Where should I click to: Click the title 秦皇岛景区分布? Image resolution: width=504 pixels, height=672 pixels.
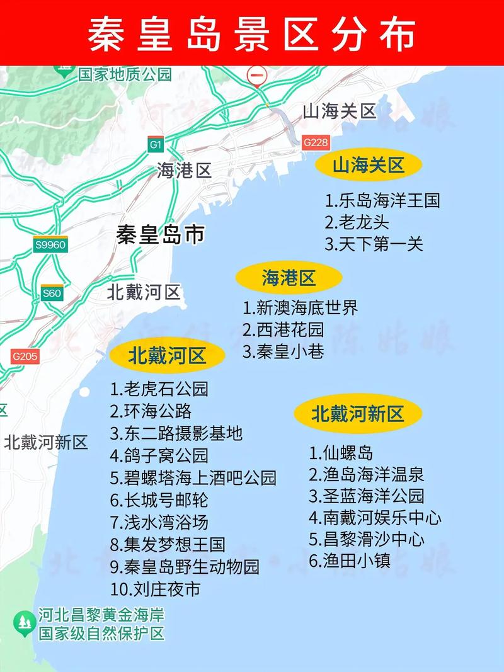(x=252, y=33)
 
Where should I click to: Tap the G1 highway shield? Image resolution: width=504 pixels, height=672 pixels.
(x=156, y=145)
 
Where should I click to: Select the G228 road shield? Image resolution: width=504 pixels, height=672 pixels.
(x=316, y=142)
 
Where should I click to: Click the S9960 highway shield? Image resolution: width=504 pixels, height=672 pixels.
(x=50, y=244)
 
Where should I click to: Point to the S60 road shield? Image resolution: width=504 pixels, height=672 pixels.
(x=52, y=293)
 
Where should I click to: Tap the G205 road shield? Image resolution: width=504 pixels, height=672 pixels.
(x=25, y=356)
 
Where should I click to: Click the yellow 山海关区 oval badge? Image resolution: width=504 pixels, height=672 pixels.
(x=369, y=166)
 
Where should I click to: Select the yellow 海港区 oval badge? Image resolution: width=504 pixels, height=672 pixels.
(x=289, y=278)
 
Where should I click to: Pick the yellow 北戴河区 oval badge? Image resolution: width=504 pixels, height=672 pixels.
(x=167, y=356)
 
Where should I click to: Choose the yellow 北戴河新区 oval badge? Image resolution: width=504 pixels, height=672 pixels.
(x=357, y=414)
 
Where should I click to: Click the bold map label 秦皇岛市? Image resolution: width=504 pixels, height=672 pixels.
(x=161, y=235)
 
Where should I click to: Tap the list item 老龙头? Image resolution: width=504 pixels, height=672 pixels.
(x=357, y=222)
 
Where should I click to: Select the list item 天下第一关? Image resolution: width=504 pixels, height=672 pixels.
(x=374, y=244)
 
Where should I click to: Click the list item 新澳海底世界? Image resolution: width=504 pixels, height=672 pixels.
(x=301, y=308)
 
